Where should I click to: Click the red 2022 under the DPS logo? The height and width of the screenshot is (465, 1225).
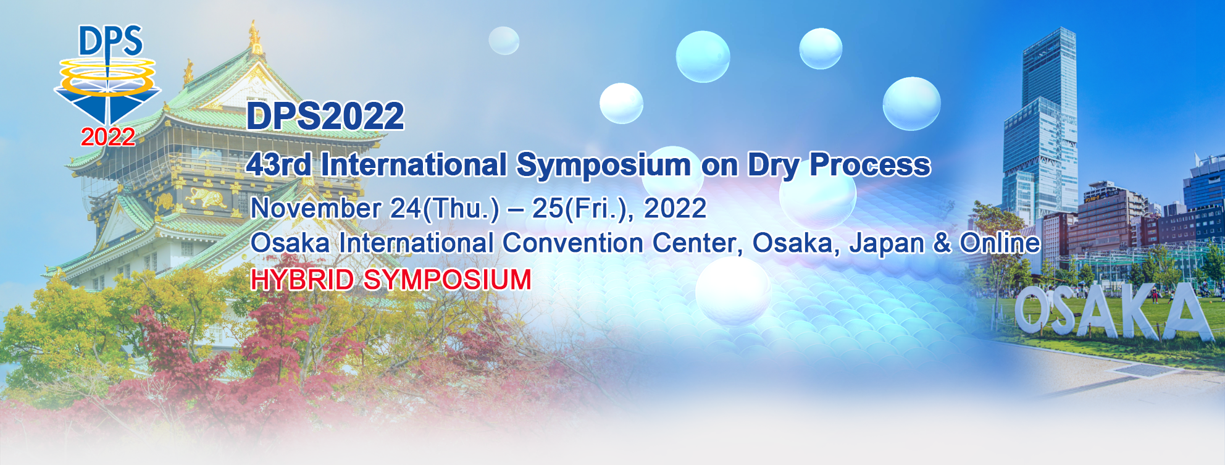pos(108,137)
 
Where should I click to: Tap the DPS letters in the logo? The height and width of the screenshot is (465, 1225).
pos(111,42)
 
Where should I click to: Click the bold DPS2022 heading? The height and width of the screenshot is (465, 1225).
pos(325,116)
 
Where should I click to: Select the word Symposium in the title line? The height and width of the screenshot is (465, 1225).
pos(603,165)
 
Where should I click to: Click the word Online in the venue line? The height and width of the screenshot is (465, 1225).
pos(1000,243)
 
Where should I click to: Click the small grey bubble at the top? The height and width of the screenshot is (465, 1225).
pos(504,41)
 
